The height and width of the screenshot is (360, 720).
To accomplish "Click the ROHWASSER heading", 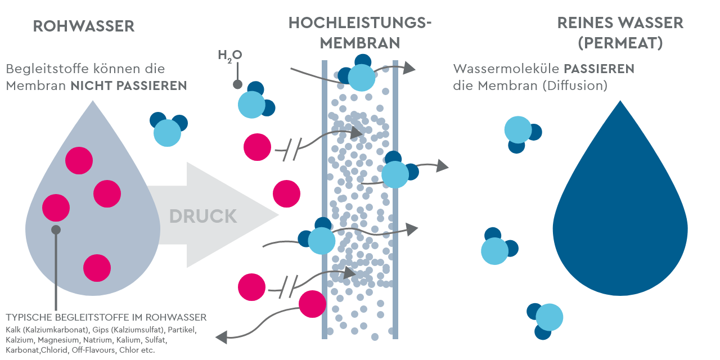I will pyautogui.click(x=84, y=26).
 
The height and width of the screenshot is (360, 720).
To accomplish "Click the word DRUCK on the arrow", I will pyautogui.click(x=203, y=216).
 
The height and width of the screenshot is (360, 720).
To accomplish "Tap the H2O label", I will pyautogui.click(x=229, y=55).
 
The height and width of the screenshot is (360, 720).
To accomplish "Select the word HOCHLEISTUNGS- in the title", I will pyautogui.click(x=360, y=23).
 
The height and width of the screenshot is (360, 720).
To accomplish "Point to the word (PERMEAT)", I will pyautogui.click(x=620, y=43).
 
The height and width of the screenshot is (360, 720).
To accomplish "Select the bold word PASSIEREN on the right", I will pyautogui.click(x=599, y=69).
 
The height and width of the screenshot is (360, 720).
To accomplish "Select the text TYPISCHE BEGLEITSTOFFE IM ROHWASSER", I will pyautogui.click(x=106, y=317).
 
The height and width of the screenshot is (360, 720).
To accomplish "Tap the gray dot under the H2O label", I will pyautogui.click(x=237, y=85).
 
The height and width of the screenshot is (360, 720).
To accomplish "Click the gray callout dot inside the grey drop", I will pyautogui.click(x=56, y=229).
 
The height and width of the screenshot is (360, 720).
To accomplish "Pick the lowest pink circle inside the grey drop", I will pyautogui.click(x=97, y=267).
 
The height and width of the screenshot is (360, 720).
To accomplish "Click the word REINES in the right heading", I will pyautogui.click(x=584, y=23).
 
